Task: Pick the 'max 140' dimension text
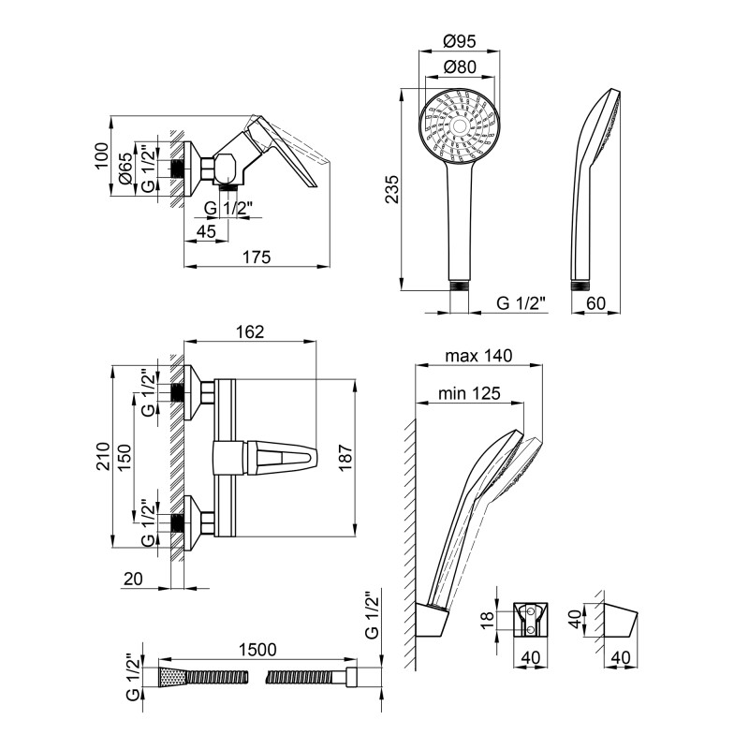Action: tap(478, 356)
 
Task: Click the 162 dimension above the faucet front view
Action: tap(250, 332)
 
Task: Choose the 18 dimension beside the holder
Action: tap(486, 619)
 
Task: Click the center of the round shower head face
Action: tap(458, 125)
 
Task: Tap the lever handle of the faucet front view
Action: tap(281, 459)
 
